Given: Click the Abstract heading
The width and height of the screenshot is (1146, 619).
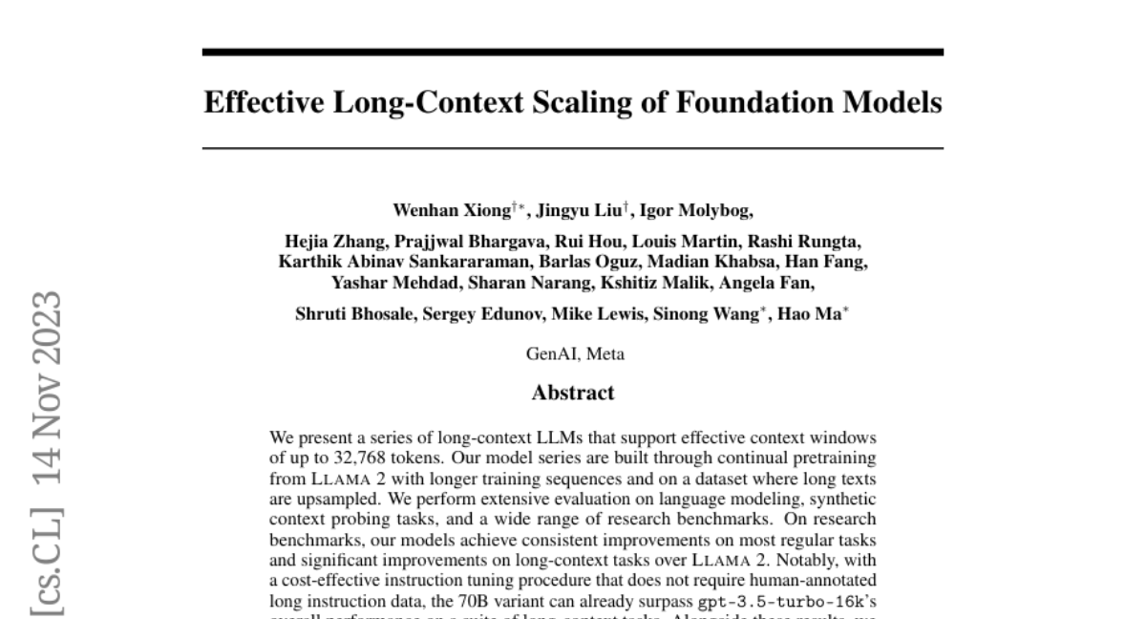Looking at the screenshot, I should pos(573,393).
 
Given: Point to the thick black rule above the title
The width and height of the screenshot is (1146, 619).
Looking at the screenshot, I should pos(573,52).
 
